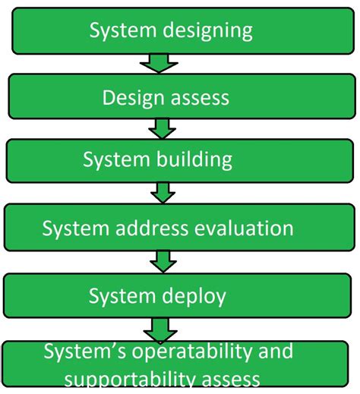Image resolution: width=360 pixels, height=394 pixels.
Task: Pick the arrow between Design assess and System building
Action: click(162, 128)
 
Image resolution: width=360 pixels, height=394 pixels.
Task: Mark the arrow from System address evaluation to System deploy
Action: click(162, 261)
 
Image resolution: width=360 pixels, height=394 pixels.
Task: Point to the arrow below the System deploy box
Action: click(161, 328)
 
